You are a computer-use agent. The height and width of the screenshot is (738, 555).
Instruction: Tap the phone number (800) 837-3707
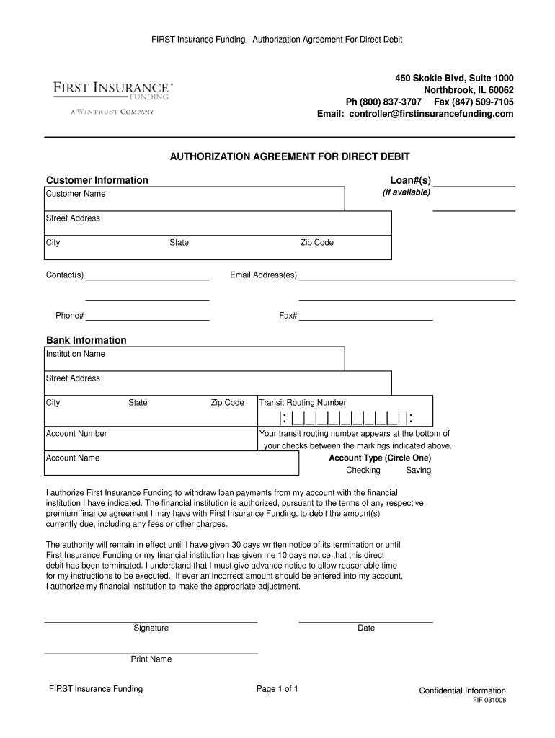click(394, 102)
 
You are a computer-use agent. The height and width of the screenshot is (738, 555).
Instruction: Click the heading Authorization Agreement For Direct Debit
click(289, 156)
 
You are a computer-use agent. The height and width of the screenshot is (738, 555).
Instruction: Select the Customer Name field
click(194, 200)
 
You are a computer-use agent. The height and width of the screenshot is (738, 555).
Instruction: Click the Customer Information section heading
click(97, 180)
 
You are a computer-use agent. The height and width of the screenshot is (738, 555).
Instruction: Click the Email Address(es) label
click(263, 275)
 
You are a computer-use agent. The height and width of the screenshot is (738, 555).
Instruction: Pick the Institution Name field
click(194, 359)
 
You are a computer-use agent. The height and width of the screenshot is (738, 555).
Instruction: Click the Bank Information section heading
click(86, 340)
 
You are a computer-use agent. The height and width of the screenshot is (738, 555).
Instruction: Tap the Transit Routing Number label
click(303, 403)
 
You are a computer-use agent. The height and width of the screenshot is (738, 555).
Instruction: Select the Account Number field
click(151, 439)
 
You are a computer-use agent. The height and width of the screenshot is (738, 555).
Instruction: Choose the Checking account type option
click(363, 470)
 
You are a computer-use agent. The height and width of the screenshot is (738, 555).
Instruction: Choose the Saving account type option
click(418, 470)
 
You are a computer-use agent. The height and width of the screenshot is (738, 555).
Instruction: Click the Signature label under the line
click(151, 628)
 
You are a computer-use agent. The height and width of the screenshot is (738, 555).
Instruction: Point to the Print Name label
click(151, 659)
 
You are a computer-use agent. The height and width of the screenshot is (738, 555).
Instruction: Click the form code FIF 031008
click(489, 700)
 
